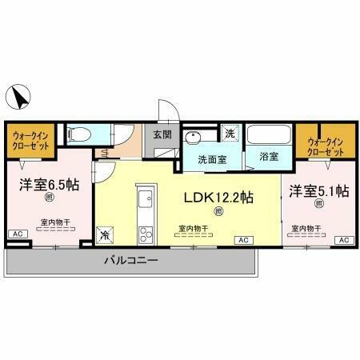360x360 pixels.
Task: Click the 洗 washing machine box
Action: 230,133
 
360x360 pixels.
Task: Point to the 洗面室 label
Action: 213,158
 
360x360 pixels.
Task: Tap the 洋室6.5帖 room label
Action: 49,185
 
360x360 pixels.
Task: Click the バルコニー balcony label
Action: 131,261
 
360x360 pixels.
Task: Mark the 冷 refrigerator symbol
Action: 106,235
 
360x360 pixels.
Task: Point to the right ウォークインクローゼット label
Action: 323,146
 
